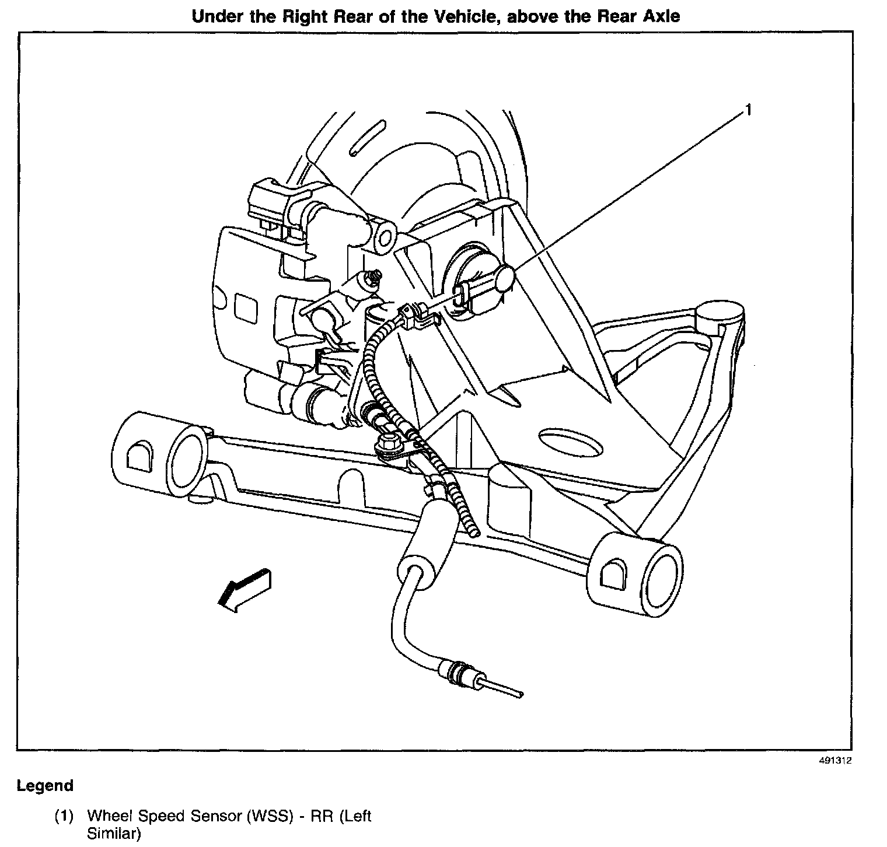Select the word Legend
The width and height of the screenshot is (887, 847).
(45, 786)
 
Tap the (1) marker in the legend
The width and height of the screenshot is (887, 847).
(64, 816)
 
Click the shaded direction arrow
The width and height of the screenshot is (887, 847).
(244, 589)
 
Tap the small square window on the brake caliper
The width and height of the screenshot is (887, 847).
(244, 306)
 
